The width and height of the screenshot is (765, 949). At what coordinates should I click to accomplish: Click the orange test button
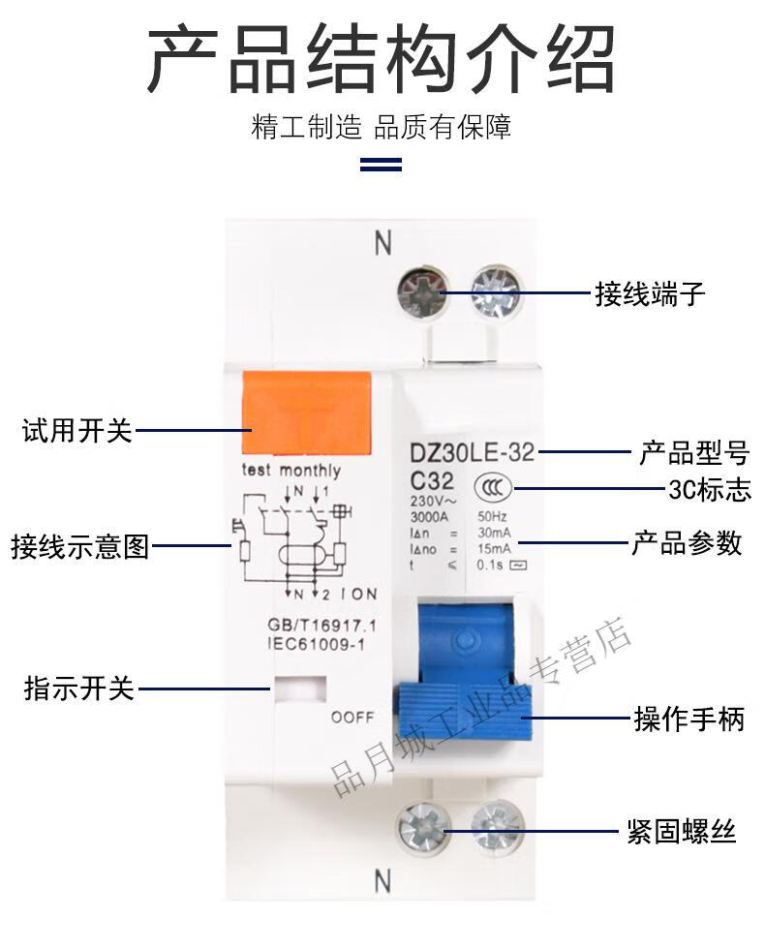click(306, 413)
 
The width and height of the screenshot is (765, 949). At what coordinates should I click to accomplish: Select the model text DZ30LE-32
click(472, 451)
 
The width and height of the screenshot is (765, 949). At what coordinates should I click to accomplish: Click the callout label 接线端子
click(650, 293)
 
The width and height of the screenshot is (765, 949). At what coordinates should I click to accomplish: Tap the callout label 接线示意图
click(80, 546)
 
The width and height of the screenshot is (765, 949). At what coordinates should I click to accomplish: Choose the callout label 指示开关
click(78, 689)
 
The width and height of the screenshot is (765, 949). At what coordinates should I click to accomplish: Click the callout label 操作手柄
click(689, 719)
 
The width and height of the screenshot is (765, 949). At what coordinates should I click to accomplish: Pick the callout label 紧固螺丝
click(682, 831)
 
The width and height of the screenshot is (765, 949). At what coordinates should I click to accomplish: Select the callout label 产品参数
click(687, 542)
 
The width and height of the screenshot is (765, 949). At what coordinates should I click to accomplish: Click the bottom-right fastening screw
click(497, 829)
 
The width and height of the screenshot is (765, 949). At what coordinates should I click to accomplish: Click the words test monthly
click(291, 471)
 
